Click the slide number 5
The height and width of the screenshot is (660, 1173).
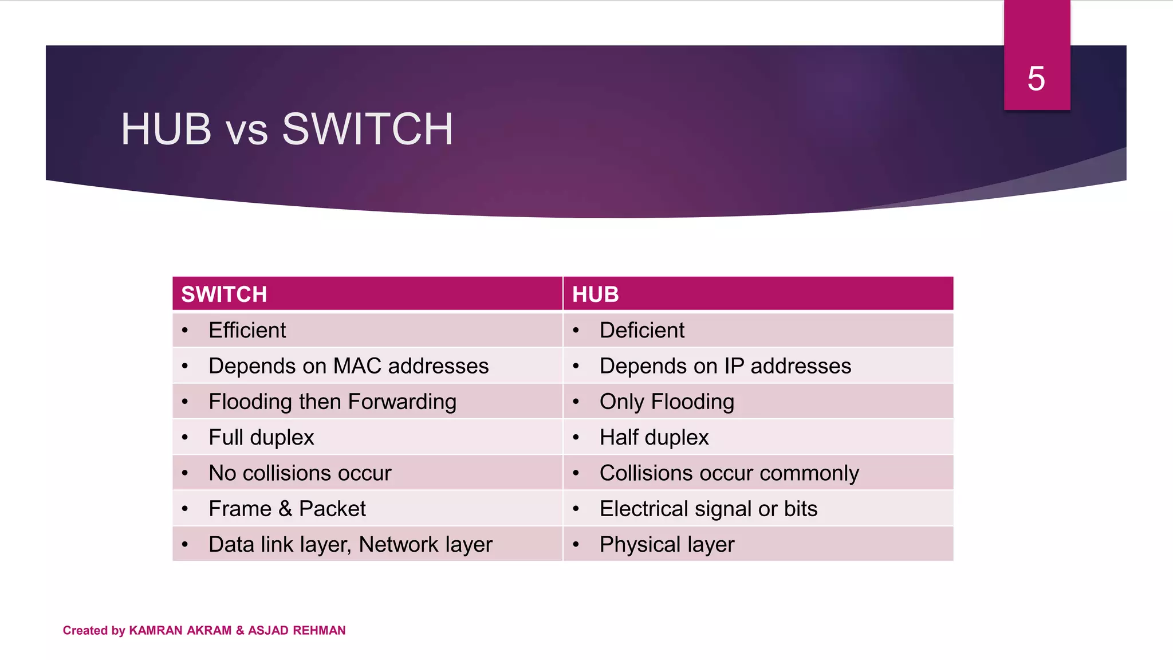(x=1036, y=78)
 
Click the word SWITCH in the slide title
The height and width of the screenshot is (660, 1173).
(x=367, y=129)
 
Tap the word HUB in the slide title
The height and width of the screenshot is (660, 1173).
(x=166, y=129)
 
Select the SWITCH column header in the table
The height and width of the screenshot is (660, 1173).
(x=224, y=294)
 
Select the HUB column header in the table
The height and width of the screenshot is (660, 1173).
(x=595, y=294)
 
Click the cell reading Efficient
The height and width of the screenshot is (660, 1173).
(x=247, y=331)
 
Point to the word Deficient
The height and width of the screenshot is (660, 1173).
(x=641, y=331)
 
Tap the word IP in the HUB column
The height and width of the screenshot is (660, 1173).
(x=734, y=366)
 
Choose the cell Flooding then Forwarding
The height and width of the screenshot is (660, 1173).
(x=332, y=402)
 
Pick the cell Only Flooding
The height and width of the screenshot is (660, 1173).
(x=667, y=402)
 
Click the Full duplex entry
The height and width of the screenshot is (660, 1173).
(x=261, y=438)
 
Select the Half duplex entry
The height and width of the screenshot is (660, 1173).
(x=654, y=438)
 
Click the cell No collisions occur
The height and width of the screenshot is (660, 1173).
(x=300, y=473)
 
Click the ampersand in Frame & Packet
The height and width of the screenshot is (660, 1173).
(x=285, y=509)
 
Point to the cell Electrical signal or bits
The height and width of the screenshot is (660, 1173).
(x=708, y=509)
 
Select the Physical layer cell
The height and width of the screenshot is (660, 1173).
(x=667, y=544)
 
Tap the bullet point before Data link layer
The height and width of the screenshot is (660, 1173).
(x=185, y=544)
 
